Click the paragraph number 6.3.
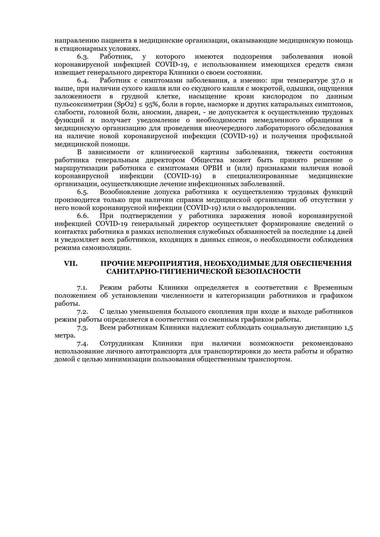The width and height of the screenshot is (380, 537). click(82, 57)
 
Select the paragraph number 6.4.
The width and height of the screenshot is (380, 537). click(82, 81)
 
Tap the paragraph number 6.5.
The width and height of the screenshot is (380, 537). click(82, 192)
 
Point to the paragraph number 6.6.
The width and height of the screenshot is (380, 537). click(82, 216)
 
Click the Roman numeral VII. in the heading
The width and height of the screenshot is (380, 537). click(70, 264)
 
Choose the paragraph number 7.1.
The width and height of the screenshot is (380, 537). click(82, 287)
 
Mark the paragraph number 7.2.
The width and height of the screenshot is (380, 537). click(82, 311)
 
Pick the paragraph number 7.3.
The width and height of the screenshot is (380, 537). click(82, 327)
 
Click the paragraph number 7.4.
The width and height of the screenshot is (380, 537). click(82, 343)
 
